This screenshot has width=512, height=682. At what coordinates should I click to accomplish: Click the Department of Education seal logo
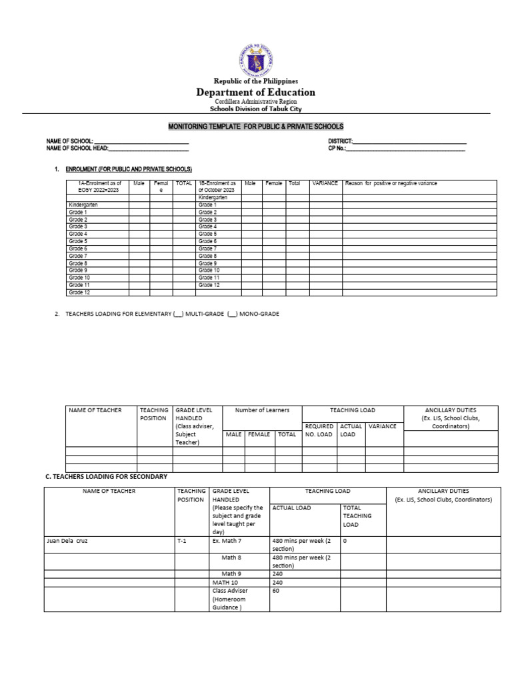click(x=255, y=58)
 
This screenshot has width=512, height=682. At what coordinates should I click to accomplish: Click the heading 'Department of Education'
click(x=255, y=92)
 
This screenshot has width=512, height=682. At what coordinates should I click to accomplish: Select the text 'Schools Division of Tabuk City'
click(x=255, y=109)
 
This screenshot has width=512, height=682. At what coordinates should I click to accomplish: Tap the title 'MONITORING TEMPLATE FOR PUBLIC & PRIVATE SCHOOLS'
click(x=255, y=127)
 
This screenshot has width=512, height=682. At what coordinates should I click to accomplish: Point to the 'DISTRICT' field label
click(x=339, y=142)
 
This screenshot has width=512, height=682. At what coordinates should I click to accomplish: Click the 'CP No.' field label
click(x=337, y=149)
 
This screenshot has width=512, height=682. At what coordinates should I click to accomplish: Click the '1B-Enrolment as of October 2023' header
click(x=217, y=186)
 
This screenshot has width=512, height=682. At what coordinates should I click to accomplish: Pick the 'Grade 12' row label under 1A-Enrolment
click(x=79, y=292)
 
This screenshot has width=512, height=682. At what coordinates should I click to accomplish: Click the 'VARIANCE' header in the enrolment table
click(x=325, y=183)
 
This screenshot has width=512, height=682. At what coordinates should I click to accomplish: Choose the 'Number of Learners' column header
click(x=262, y=410)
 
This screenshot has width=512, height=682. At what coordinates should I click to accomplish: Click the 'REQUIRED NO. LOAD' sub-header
click(x=319, y=430)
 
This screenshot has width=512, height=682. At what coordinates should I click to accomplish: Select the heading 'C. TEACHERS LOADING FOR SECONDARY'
click(x=105, y=477)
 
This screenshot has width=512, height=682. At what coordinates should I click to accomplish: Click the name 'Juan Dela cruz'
click(x=67, y=541)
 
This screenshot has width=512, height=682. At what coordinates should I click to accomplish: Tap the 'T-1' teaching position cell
click(x=182, y=541)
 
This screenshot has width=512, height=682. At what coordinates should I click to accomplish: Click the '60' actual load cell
click(x=276, y=591)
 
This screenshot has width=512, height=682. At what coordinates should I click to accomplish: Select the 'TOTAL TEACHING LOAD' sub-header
click(x=357, y=515)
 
